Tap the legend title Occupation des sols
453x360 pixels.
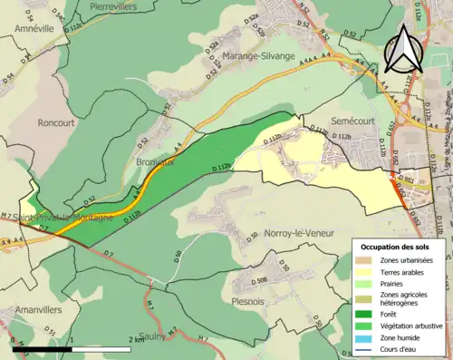(x=395, y=247)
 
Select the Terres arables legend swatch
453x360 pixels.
(x=366, y=271)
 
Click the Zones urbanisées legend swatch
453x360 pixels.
(x=366, y=259)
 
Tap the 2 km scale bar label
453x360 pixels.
(x=135, y=339)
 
